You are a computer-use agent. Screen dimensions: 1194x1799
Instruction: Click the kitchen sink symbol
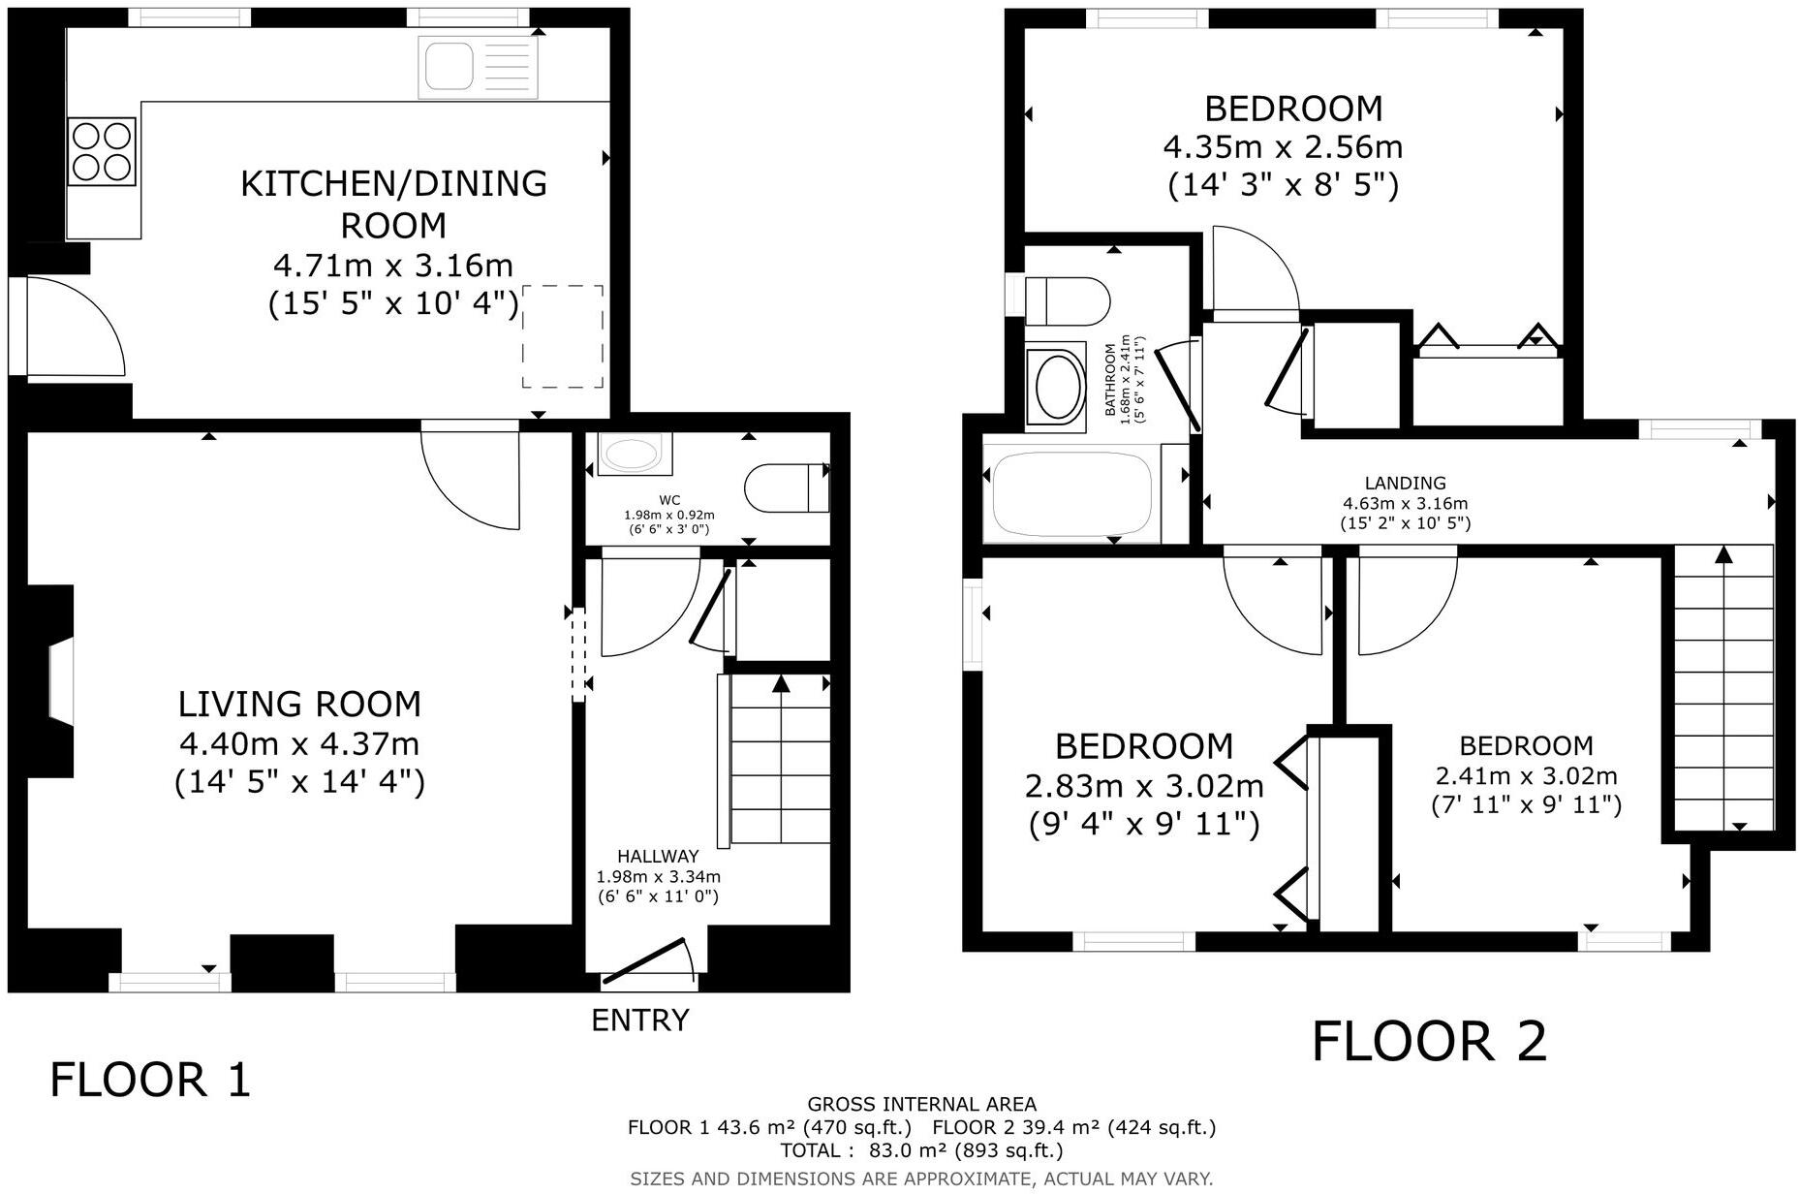coord(478,67)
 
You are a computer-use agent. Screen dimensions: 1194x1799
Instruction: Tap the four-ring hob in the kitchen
coord(102,150)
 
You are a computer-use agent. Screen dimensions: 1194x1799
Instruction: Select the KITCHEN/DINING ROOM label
coord(393,204)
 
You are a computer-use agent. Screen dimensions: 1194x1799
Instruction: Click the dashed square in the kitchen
coord(563,336)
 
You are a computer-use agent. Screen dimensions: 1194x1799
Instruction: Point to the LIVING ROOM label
coord(299,704)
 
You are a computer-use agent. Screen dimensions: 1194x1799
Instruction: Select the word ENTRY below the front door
coord(640,1021)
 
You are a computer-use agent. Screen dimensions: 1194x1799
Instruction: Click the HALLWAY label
coord(658,857)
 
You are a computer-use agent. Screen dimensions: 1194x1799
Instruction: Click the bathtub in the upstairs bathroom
coord(1071,493)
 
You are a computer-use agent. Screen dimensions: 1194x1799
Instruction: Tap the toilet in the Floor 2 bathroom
coord(1066,300)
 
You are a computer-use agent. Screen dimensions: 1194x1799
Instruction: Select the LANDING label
coord(1405,483)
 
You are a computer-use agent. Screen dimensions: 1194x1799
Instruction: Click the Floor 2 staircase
coord(1723,688)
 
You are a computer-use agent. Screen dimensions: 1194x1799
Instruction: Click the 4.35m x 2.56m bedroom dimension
coord(1283,147)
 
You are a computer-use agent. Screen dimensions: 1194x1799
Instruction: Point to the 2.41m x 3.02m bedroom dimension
coord(1526,776)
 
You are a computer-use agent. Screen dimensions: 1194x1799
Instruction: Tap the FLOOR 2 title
coord(1429,1042)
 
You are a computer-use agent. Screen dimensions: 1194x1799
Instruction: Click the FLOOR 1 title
coord(150,1080)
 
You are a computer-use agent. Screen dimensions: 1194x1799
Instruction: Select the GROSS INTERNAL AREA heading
coord(921,1104)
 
